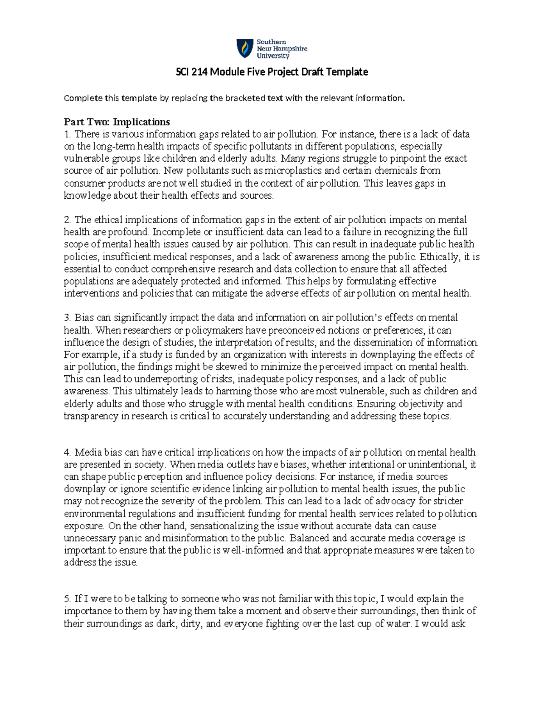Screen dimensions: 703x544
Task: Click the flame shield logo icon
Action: click(244, 48)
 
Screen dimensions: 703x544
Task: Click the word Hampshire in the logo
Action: click(290, 48)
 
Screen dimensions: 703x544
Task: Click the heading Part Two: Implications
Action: click(117, 122)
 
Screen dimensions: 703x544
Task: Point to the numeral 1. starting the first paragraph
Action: click(68, 134)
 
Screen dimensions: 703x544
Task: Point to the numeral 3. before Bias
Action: click(68, 318)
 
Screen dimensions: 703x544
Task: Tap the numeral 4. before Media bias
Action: click(68, 452)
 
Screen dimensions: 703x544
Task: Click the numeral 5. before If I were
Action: click(68, 599)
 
